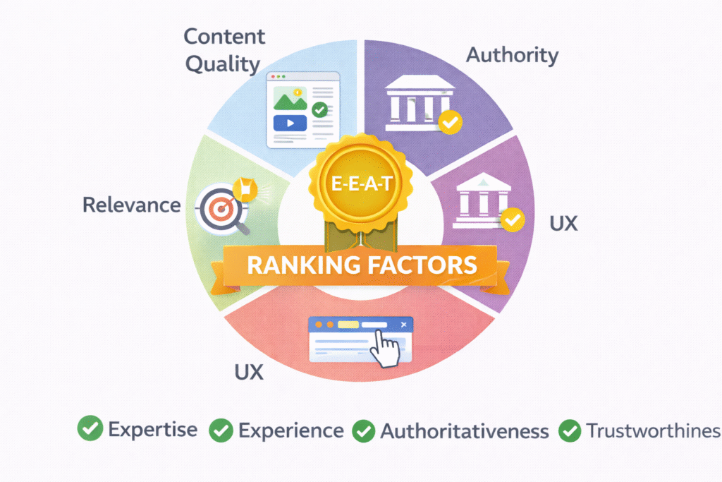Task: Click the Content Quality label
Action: (x=224, y=50)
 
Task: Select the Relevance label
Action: (x=131, y=205)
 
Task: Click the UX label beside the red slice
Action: (x=247, y=371)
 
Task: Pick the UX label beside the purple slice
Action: (x=563, y=224)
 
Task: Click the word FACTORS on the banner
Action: (x=424, y=266)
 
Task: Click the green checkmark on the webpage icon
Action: (x=319, y=110)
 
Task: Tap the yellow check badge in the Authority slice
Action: (x=450, y=123)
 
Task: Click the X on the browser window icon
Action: (x=403, y=325)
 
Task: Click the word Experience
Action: (x=290, y=430)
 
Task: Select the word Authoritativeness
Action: (x=464, y=431)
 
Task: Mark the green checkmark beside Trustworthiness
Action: (x=569, y=429)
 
